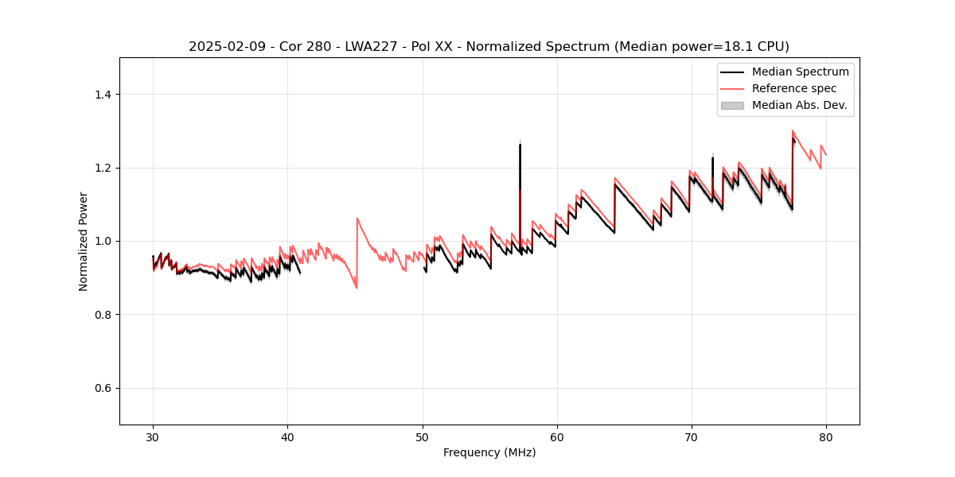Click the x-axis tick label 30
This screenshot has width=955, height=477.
pos(153,436)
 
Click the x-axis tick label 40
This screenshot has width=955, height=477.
pos(287,436)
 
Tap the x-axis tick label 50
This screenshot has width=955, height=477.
pos(422,436)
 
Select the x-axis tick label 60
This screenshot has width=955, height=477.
pos(556,436)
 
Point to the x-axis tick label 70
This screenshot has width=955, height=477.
pos(691,436)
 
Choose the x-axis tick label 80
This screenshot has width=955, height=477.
pos(825,436)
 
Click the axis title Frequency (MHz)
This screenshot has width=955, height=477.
pos(489,452)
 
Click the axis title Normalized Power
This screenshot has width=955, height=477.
pos(83,241)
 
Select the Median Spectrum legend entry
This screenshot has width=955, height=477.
pos(800,72)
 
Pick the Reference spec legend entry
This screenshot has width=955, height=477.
pos(793,88)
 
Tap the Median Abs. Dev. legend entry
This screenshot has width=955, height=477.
pos(799,105)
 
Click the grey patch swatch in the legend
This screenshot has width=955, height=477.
pos(732,105)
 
